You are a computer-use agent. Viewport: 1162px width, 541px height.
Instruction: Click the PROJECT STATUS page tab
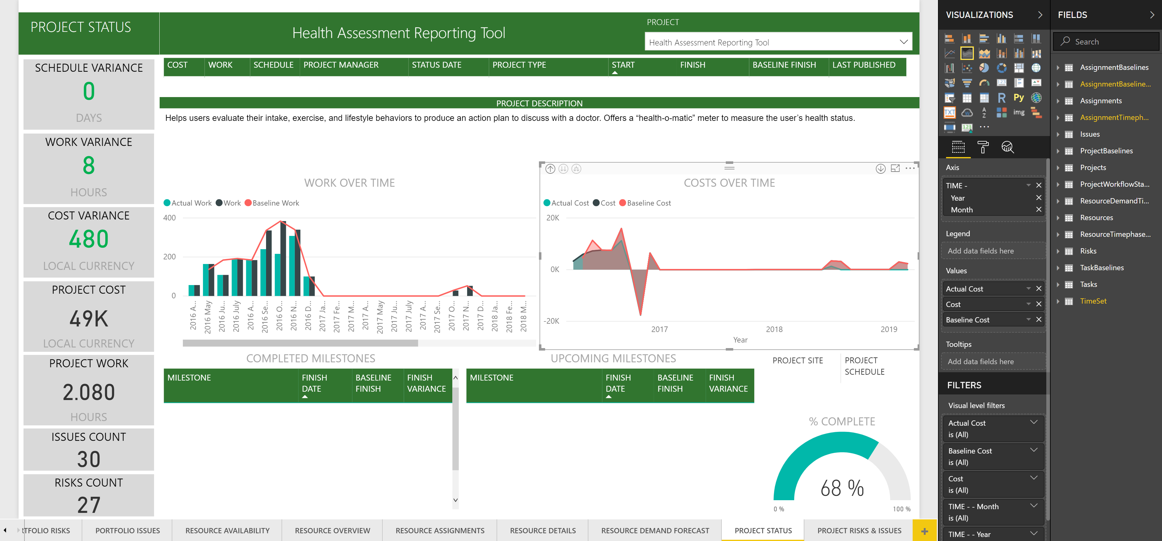point(763,530)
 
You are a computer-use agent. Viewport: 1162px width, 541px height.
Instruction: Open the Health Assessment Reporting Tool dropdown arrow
point(904,42)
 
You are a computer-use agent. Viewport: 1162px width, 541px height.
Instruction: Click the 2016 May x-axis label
point(208,317)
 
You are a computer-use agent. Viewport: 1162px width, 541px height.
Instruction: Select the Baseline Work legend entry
point(275,203)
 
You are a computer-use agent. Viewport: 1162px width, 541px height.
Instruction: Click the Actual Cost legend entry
point(569,203)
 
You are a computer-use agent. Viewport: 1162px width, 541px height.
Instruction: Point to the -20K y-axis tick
point(551,321)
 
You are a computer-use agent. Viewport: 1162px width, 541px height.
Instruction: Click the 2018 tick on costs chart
point(774,329)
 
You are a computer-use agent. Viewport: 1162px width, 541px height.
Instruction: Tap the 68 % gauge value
point(842,488)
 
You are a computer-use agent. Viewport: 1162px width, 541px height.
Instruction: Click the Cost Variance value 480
point(89,239)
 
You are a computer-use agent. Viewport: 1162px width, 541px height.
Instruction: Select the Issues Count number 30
point(89,459)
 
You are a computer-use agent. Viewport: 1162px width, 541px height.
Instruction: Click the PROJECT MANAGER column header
point(341,65)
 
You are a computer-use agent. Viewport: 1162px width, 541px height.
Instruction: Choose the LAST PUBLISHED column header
point(863,65)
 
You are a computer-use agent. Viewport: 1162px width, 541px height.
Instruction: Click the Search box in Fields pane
point(1110,41)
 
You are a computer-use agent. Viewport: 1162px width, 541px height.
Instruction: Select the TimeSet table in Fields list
point(1093,301)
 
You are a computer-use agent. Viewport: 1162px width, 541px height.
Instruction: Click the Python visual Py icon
point(1018,97)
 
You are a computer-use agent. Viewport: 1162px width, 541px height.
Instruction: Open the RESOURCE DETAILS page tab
point(543,530)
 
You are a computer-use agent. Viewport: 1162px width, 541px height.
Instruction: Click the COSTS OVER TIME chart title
point(729,183)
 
